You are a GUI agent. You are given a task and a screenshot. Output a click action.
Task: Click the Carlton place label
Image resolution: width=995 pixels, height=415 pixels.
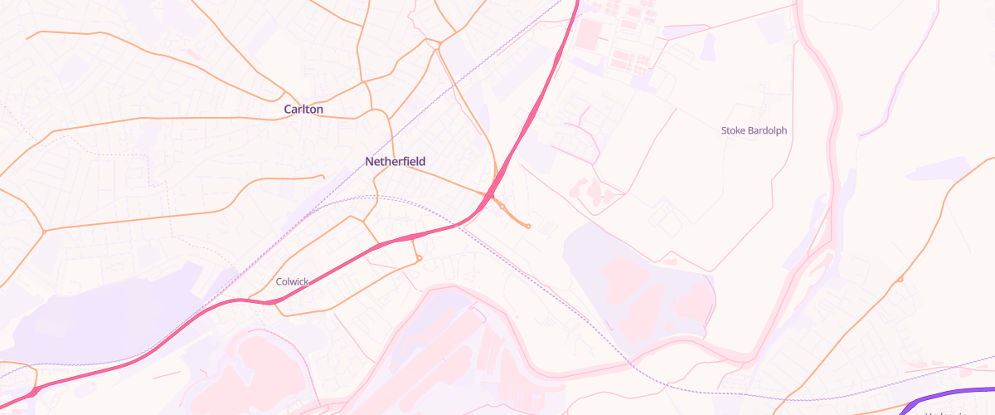[x=303, y=109]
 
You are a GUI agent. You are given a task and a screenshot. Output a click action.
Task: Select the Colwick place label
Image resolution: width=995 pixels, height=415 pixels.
[x=292, y=282]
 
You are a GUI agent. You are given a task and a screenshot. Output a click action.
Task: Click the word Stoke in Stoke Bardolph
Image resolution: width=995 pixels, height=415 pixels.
[x=734, y=130]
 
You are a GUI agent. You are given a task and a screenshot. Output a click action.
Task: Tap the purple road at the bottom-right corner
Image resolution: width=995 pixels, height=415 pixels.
[x=954, y=393]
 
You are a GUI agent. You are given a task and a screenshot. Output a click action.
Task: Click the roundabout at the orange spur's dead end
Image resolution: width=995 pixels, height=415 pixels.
[x=528, y=226]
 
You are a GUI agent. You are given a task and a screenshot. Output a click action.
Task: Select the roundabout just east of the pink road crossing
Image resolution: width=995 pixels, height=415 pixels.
[x=502, y=206]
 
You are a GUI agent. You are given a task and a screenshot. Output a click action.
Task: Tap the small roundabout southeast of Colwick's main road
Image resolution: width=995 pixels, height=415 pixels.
[x=420, y=259]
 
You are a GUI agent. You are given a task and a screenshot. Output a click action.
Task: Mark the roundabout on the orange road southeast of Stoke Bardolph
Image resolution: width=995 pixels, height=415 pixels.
[x=900, y=280]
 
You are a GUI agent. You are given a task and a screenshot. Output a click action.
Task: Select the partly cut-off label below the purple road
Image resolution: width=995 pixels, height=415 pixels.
[x=945, y=412]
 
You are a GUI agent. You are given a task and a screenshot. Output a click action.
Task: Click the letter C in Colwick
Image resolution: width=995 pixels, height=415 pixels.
[x=279, y=282]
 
